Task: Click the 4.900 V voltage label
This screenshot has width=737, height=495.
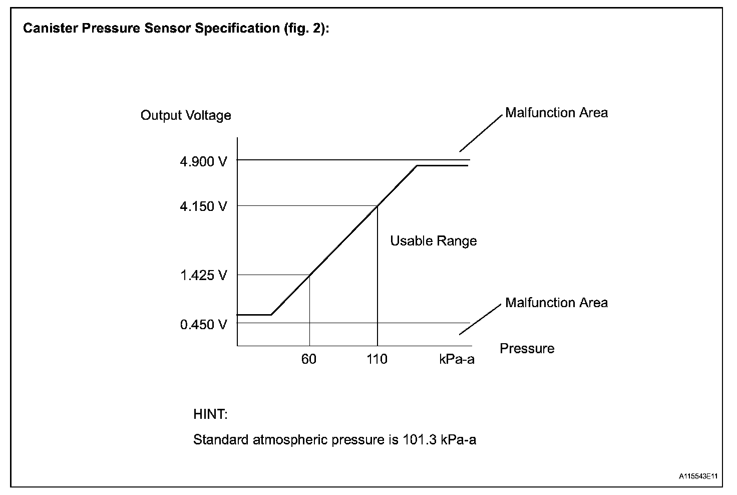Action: pos(203,161)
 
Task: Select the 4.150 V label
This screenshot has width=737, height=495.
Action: pos(203,206)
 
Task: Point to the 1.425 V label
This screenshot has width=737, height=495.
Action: pos(203,275)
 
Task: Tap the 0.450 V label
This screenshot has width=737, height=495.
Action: pos(203,325)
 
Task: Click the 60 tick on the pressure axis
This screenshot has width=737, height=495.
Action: pos(309,359)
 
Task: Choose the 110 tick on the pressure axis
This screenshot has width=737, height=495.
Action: pos(377,359)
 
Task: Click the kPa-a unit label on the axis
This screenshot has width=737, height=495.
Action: pos(457,359)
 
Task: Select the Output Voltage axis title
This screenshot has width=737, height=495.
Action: pos(186,116)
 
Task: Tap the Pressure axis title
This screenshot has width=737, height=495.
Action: pos(527,349)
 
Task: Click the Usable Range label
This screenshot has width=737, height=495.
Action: pos(433,241)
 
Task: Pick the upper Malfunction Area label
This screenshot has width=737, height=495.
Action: pos(556,113)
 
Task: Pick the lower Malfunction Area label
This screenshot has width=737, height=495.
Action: pos(556,303)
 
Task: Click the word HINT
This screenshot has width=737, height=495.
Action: pos(210,415)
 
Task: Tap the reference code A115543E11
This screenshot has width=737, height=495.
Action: pos(698,476)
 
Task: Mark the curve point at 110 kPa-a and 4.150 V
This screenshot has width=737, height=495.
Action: pos(377,205)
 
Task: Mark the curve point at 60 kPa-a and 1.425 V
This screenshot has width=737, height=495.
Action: pos(309,275)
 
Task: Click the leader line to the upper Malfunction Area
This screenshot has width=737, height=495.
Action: pos(481,133)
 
